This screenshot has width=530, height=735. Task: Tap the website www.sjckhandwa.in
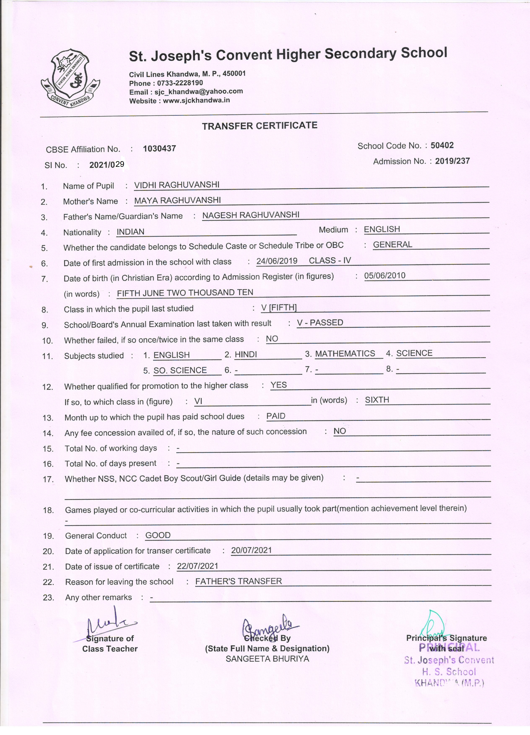(196, 100)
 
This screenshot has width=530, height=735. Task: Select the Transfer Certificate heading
(260, 126)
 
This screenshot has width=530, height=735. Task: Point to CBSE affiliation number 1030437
(160, 149)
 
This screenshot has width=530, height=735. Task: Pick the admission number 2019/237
(452, 161)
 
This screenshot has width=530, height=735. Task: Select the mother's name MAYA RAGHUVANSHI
(177, 200)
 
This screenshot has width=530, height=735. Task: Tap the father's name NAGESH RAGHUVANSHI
(251, 215)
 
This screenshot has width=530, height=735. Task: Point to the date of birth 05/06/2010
(385, 276)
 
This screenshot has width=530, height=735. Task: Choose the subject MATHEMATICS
(345, 354)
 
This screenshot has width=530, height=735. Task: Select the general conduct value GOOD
(158, 535)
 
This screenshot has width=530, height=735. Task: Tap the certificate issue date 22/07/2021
(197, 566)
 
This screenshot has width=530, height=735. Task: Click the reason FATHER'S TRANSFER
(239, 581)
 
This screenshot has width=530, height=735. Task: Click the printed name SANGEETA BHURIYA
(268, 659)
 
